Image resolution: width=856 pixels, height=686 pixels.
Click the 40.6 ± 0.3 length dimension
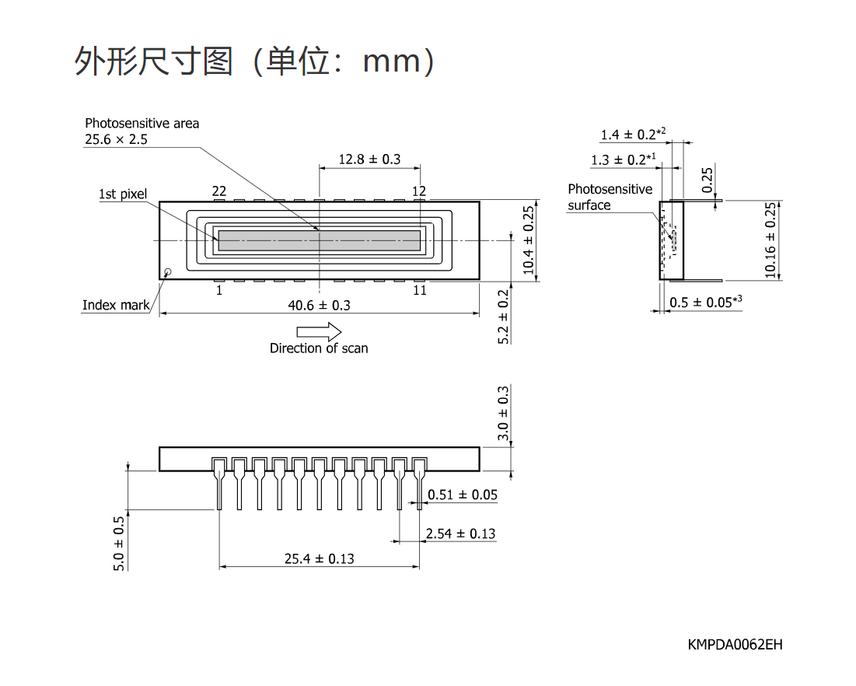click(320, 306)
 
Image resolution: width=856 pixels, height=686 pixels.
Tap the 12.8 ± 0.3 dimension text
click(369, 159)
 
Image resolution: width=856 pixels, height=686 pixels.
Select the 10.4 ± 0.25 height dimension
click(529, 240)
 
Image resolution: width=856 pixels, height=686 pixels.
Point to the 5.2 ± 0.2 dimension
click(503, 317)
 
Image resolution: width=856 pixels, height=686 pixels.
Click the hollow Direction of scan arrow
click(319, 331)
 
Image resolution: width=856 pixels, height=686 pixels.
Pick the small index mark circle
click(168, 271)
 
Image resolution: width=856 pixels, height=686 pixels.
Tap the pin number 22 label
click(219, 191)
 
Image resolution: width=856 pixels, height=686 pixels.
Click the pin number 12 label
click(419, 191)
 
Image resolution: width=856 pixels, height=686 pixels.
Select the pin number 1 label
click(219, 290)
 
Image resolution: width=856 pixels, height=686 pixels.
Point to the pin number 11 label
click(419, 290)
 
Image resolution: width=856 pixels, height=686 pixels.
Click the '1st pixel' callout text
click(123, 194)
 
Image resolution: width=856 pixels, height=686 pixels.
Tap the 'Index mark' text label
click(116, 305)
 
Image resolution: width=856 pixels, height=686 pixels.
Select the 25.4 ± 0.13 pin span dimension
click(320, 558)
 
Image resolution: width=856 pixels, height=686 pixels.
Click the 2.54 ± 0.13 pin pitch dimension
click(461, 534)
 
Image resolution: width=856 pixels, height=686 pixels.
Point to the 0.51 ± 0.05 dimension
click(463, 495)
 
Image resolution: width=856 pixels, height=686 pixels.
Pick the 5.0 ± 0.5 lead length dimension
click(119, 544)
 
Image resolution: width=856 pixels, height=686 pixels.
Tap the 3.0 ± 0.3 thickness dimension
click(503, 413)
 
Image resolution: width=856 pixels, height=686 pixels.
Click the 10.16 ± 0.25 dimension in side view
click(770, 240)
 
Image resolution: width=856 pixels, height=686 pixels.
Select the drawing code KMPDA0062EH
click(735, 645)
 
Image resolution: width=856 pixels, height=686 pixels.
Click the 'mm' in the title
click(392, 61)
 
